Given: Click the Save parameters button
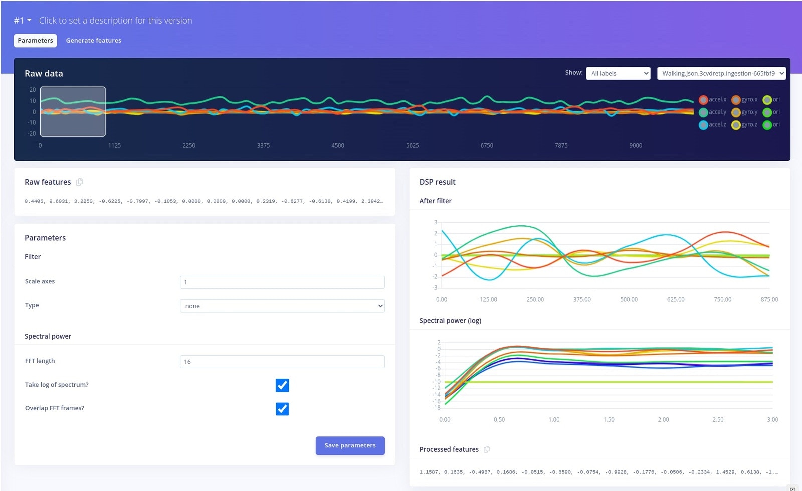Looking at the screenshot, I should [350, 445].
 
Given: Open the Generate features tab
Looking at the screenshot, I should [94, 41].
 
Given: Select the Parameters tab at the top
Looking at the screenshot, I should [35, 41].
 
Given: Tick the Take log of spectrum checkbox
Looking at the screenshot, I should [282, 385].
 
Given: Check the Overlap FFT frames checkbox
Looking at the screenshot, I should [282, 409].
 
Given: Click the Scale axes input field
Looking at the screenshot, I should [282, 282].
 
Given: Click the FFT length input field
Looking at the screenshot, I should [282, 362].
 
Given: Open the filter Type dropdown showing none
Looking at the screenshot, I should [282, 306].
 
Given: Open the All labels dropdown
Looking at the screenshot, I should [618, 73].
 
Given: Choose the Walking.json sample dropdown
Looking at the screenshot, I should [721, 73].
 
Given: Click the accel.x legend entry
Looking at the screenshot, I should [712, 99].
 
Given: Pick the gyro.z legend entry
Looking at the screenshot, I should [744, 125].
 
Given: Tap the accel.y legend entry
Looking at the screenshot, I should [712, 112].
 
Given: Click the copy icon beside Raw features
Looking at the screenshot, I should [79, 182].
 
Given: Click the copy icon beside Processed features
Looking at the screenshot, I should [487, 449].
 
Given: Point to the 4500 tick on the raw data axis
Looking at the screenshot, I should [338, 145].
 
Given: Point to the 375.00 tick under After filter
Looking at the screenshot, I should [582, 299].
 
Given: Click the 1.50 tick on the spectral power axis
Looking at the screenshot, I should [609, 420].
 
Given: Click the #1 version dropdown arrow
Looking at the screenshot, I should [29, 20].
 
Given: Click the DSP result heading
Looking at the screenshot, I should [437, 182].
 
